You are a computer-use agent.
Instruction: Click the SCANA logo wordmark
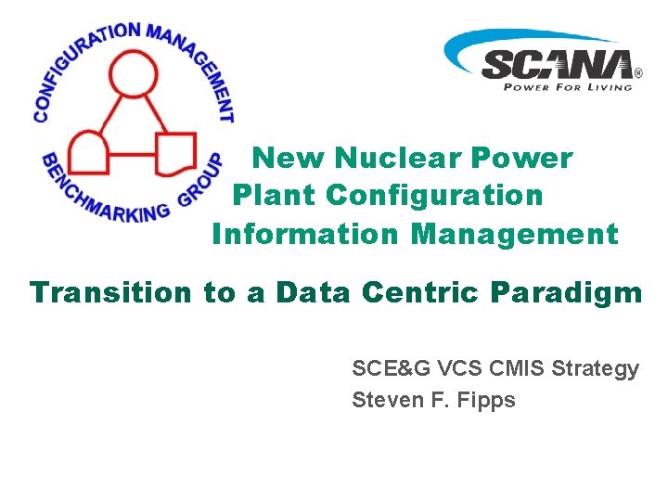pos(558,64)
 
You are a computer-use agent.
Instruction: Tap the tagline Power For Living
pos(567,87)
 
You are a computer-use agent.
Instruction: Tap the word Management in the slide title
pos(514,234)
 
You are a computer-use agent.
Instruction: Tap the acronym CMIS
pos(513,368)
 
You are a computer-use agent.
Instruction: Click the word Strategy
pos(595,369)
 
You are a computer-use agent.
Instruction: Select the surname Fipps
pos(485,401)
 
